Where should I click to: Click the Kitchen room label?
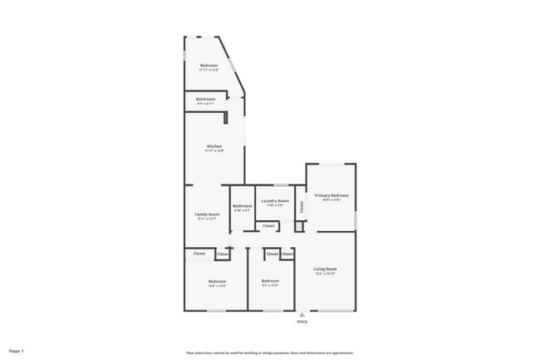(214, 146)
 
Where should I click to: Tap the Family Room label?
(207, 214)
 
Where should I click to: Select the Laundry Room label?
(274, 201)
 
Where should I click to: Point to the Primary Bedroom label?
(331, 195)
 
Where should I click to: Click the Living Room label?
(325, 269)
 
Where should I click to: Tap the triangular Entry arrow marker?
(302, 314)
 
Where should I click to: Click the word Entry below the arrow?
(302, 320)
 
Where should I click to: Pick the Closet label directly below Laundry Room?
(268, 225)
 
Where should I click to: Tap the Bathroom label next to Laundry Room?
(243, 206)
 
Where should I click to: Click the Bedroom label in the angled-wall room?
(209, 66)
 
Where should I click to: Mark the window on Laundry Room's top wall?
(282, 185)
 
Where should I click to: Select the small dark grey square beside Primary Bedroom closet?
(299, 226)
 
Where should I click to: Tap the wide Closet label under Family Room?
(199, 254)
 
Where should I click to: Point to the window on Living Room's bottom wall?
(334, 311)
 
